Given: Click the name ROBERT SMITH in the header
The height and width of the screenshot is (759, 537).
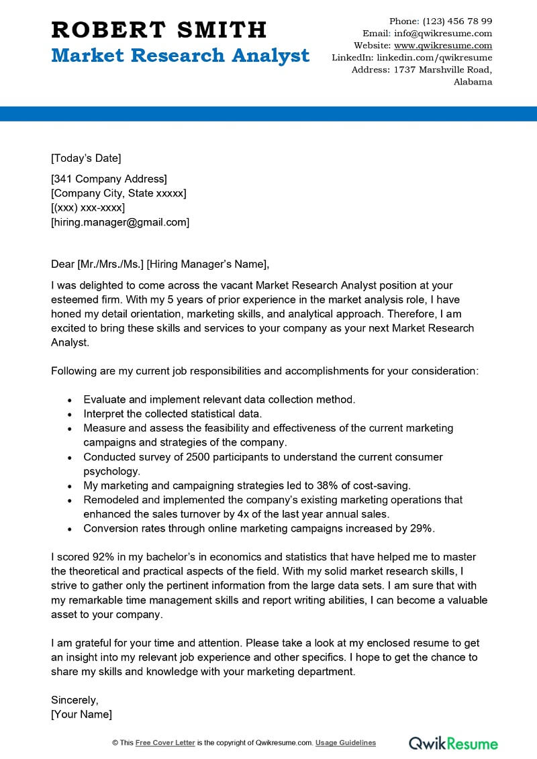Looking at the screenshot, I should [159, 30].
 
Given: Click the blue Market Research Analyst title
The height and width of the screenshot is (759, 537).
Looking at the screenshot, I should [181, 56].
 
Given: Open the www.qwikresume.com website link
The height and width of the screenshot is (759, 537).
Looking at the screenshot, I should [443, 46].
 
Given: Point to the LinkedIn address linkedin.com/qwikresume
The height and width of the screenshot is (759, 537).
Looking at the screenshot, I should [434, 58].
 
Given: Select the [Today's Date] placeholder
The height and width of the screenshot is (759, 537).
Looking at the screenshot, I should [86, 158].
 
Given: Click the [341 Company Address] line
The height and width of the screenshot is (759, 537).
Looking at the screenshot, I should [109, 179].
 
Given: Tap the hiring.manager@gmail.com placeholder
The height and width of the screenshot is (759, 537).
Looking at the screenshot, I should [120, 222].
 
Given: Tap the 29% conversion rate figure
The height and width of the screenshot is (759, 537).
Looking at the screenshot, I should [421, 528].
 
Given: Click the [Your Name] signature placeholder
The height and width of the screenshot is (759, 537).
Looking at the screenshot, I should [82, 714].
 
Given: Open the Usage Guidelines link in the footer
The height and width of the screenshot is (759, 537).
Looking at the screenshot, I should [346, 743].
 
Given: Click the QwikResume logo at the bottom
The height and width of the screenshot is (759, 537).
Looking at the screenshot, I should [454, 743].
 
